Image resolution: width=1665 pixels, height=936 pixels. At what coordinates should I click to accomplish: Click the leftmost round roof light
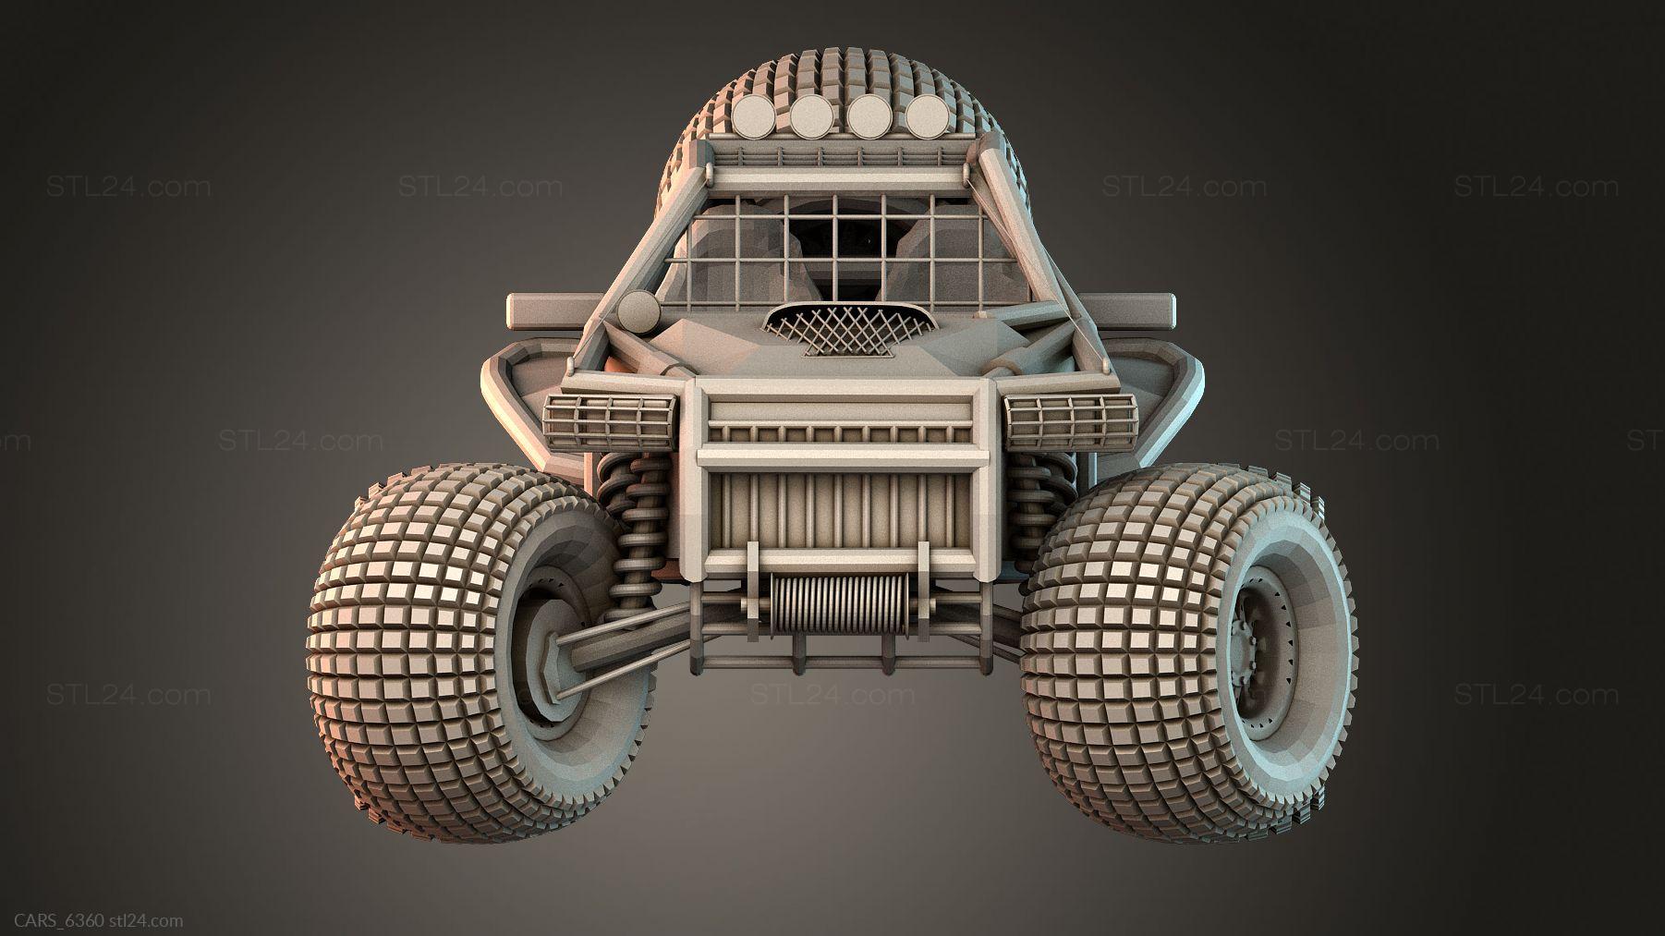pos(755,118)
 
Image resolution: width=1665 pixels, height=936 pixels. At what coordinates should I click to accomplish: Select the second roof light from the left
pos(811,116)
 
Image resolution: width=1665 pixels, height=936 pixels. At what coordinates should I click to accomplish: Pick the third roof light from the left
pos(869,116)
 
